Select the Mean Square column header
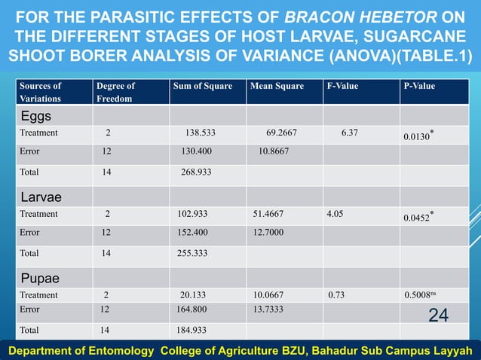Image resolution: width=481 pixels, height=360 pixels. (x=277, y=86)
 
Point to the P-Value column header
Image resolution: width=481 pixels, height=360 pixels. (x=420, y=86)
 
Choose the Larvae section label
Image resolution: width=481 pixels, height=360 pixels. (x=41, y=197)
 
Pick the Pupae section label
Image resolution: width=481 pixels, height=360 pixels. (x=41, y=277)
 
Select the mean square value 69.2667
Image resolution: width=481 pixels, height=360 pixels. (x=281, y=133)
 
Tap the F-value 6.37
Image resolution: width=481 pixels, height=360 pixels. (x=349, y=133)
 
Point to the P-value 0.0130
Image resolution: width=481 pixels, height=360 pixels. (x=418, y=136)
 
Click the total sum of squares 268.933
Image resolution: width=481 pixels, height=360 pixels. (x=195, y=172)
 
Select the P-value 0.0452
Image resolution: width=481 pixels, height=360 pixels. (x=418, y=218)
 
